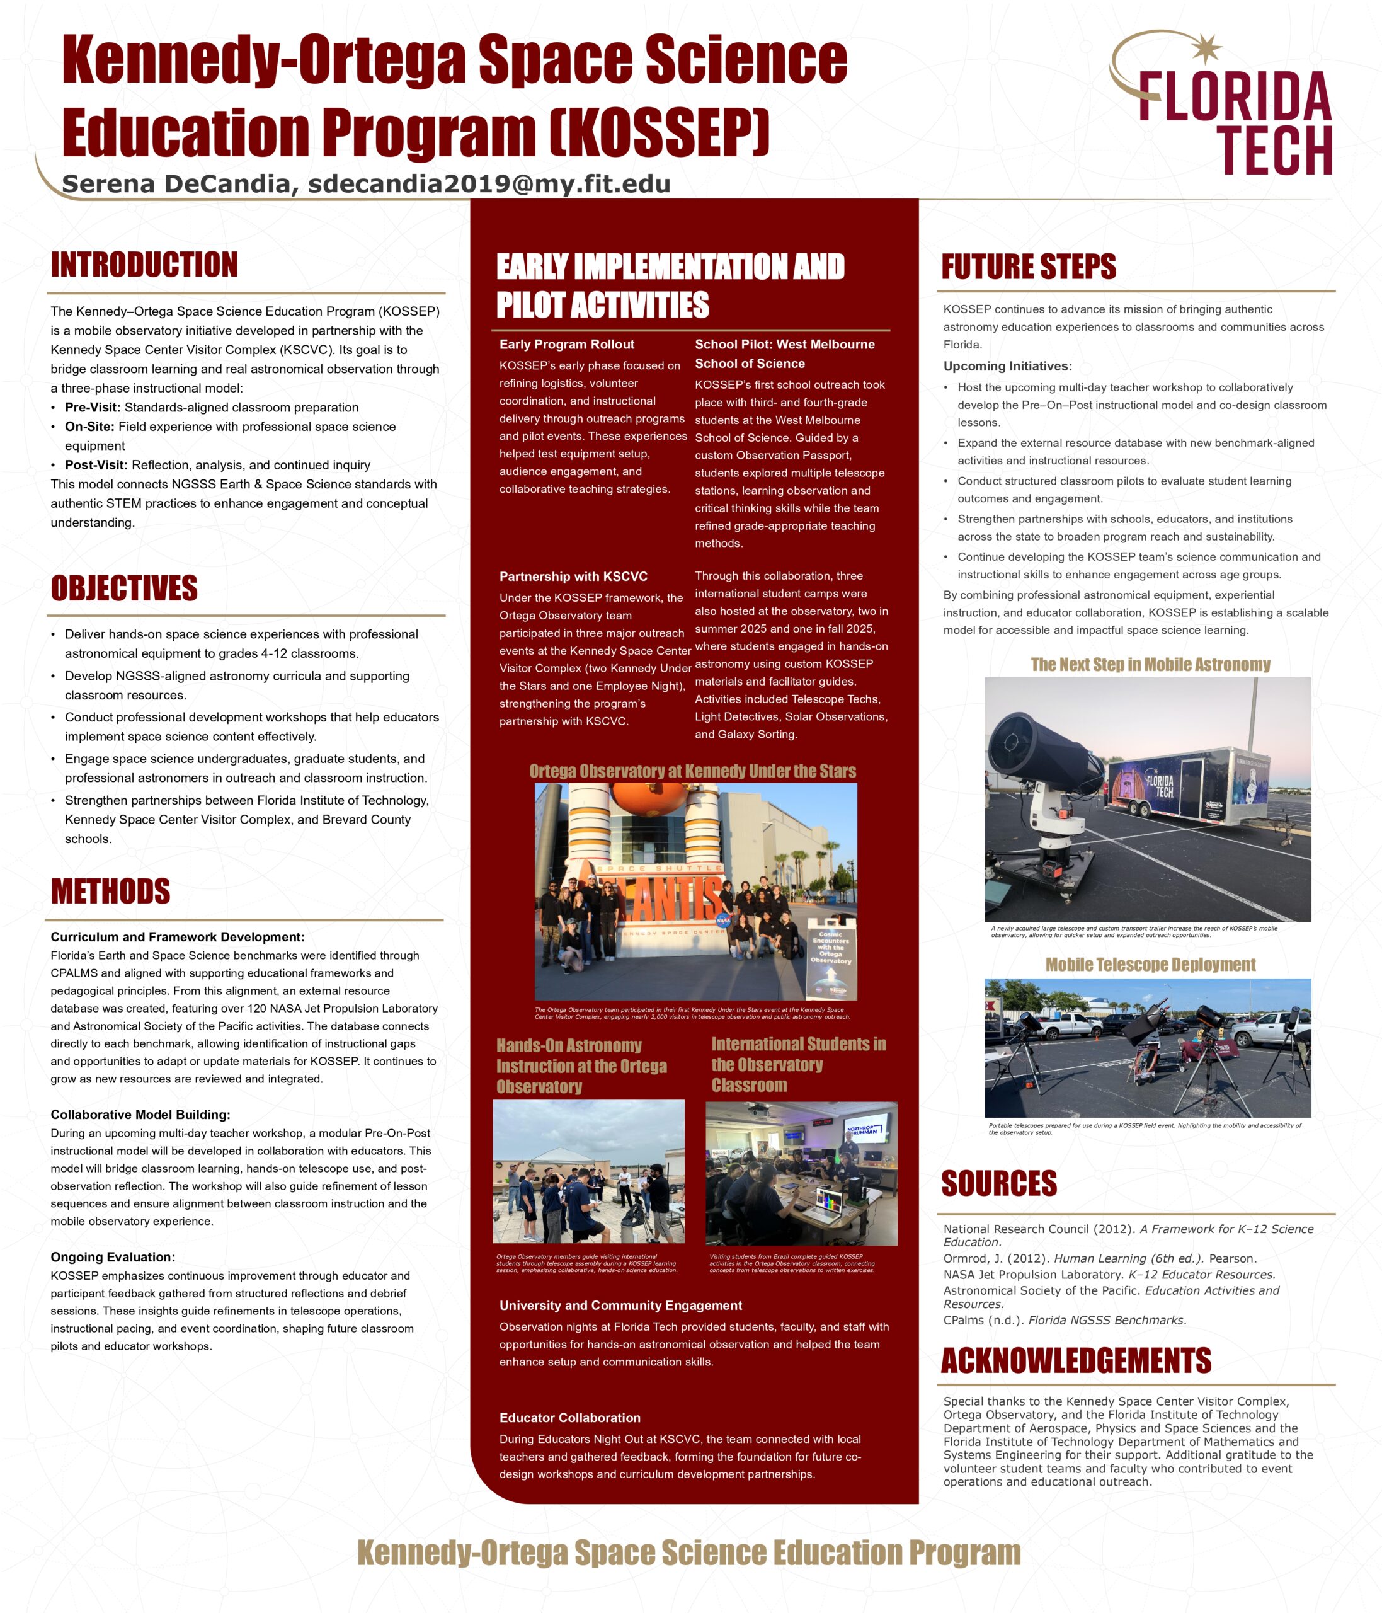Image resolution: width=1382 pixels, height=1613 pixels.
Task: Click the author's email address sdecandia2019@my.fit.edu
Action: (489, 184)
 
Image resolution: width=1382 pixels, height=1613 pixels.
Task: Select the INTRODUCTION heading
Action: (144, 265)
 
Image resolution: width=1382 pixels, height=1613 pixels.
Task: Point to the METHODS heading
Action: (110, 892)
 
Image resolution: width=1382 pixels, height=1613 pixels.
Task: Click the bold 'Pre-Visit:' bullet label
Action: (93, 407)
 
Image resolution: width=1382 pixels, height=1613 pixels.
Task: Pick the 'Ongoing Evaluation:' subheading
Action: (113, 1257)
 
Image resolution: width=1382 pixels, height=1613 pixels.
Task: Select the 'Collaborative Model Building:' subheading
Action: (140, 1115)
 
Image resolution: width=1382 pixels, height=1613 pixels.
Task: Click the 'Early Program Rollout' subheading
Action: (566, 344)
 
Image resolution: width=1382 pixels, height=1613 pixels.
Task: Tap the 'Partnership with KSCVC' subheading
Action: (573, 576)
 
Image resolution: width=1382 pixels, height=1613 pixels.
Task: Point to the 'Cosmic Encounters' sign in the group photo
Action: (830, 963)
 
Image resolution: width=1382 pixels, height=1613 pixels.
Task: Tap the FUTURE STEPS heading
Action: (1028, 267)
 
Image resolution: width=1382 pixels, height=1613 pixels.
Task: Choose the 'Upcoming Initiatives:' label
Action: (1008, 366)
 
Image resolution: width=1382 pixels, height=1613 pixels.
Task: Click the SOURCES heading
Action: (998, 1183)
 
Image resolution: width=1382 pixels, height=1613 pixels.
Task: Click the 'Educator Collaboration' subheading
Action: (569, 1418)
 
